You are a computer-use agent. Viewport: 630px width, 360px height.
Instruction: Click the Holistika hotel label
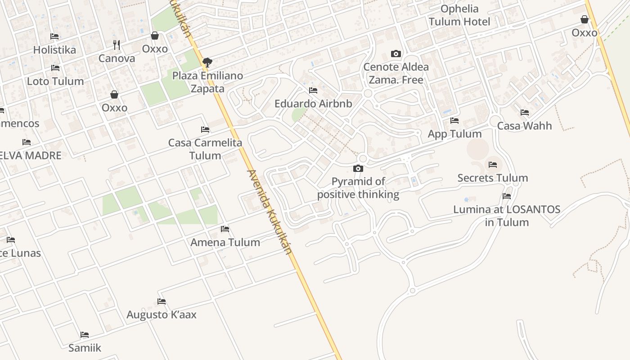[54, 49]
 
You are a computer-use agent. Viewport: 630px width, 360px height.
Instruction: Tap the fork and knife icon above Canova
[117, 45]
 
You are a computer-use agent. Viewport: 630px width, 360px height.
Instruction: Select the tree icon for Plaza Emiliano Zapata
[207, 62]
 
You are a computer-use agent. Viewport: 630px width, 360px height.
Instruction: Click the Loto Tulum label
[55, 81]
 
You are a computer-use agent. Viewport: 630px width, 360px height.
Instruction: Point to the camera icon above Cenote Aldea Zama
[396, 54]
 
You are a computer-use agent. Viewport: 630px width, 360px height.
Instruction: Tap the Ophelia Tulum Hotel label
[459, 15]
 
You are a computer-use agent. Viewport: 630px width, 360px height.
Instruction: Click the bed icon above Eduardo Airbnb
[313, 90]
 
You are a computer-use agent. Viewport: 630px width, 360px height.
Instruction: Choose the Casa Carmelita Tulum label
[205, 149]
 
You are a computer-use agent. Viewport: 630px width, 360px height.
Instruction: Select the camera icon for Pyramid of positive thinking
[358, 169]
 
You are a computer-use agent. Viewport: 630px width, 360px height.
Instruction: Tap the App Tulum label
[454, 134]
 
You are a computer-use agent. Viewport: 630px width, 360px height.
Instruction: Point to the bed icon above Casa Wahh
[524, 112]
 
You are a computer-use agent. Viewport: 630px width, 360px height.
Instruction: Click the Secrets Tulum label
[493, 178]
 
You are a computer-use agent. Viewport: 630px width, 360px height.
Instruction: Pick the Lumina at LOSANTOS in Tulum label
[507, 216]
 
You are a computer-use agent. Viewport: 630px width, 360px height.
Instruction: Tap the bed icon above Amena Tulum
[225, 229]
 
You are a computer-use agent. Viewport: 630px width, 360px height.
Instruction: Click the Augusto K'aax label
[162, 315]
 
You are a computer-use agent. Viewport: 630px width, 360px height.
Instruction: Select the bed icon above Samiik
[85, 335]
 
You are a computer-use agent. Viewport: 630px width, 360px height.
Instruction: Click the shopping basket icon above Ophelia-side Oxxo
[585, 19]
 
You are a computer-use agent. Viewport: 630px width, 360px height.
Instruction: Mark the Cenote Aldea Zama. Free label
[396, 73]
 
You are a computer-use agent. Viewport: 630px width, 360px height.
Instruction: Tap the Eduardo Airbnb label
[313, 103]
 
